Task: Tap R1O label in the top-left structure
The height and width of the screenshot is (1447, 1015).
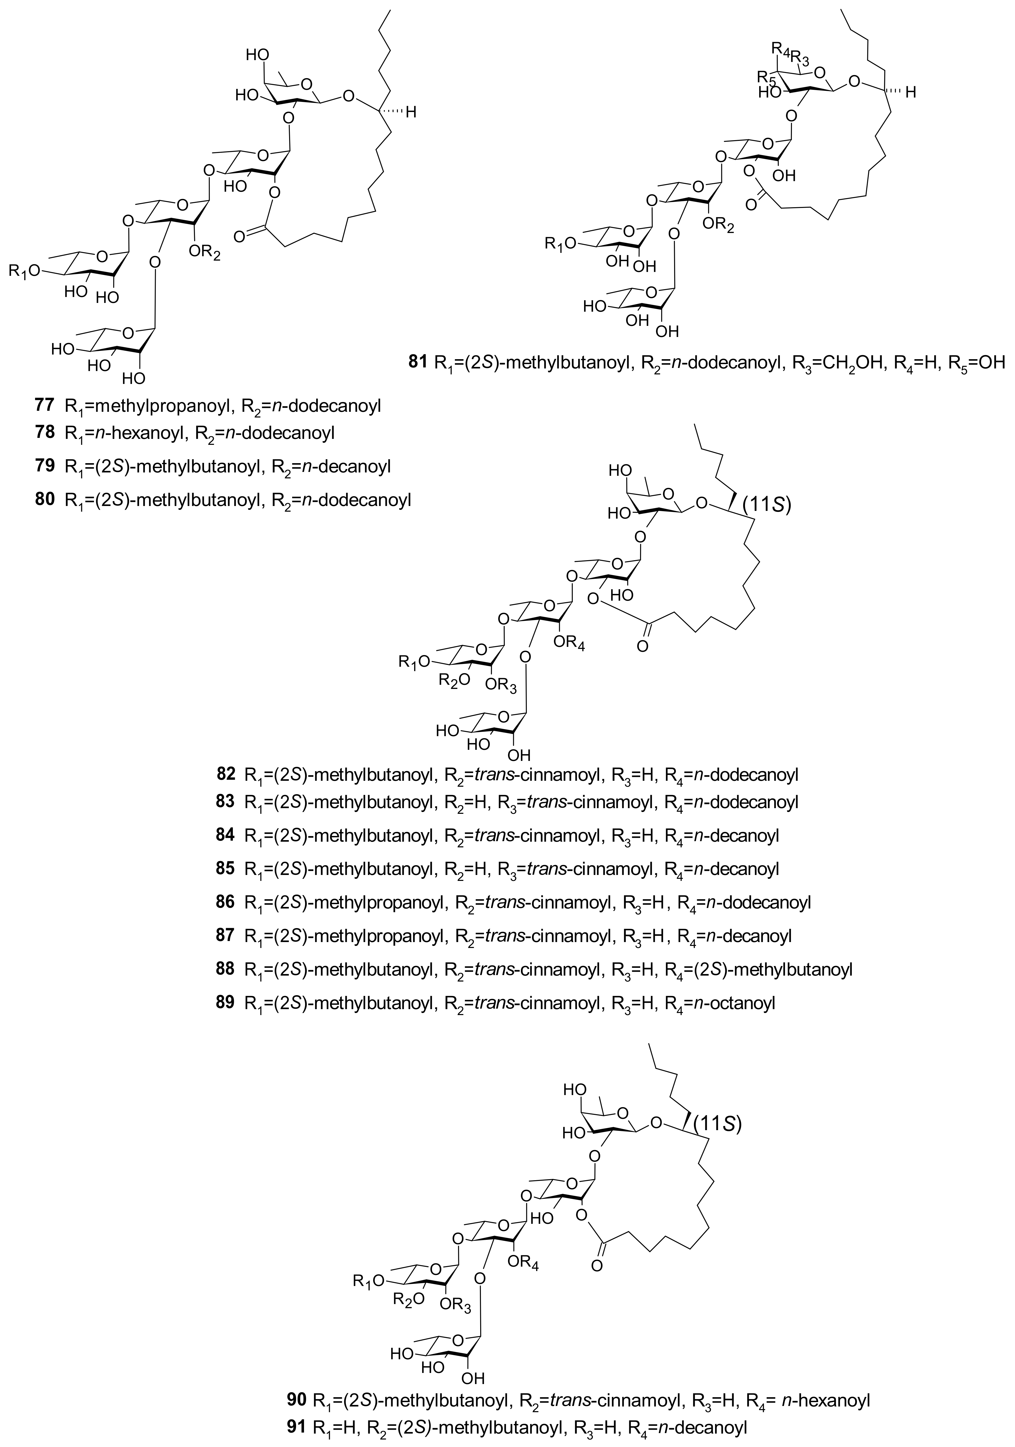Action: [x=25, y=270]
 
